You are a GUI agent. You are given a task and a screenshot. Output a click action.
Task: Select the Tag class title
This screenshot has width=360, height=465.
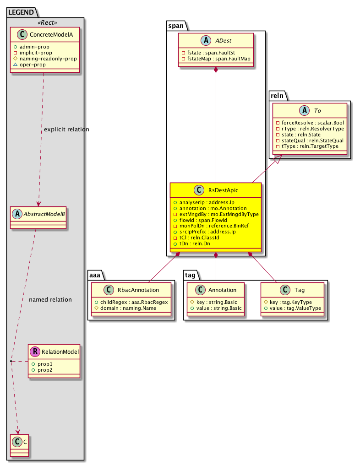click(x=300, y=290)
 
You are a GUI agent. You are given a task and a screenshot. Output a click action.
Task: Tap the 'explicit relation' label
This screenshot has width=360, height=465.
click(x=66, y=130)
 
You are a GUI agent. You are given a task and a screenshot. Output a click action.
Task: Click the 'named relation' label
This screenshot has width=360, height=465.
click(x=50, y=300)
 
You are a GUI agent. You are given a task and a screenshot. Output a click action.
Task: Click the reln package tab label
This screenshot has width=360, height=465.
click(x=277, y=95)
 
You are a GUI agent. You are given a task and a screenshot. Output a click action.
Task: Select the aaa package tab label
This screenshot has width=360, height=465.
click(x=96, y=275)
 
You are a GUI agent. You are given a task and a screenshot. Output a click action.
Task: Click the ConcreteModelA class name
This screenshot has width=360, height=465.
click(x=51, y=36)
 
